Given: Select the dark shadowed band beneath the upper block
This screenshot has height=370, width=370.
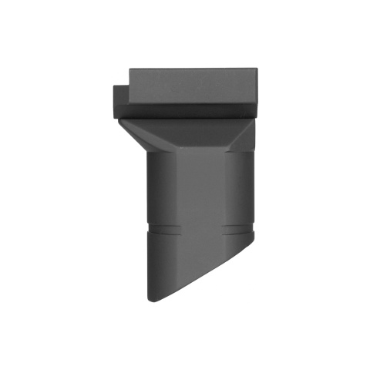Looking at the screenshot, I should (185, 113).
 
